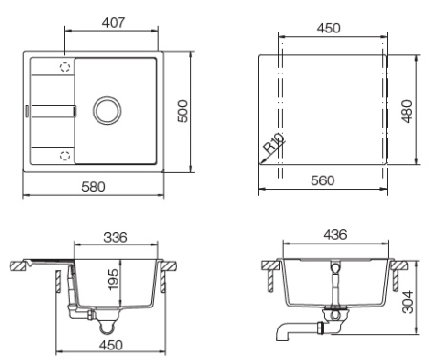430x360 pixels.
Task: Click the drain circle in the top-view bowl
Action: pyautogui.click(x=107, y=110)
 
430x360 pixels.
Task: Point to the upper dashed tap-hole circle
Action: pyautogui.click(x=66, y=67)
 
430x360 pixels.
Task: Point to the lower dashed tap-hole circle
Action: pyautogui.click(x=66, y=154)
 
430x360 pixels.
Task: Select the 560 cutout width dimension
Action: pyautogui.click(x=328, y=181)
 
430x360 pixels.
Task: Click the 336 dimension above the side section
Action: pyautogui.click(x=116, y=236)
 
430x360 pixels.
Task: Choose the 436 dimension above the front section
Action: pyautogui.click(x=335, y=234)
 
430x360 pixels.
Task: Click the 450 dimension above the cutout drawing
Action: pyautogui.click(x=329, y=28)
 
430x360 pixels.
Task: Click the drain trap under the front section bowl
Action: pyautogui.click(x=334, y=315)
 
